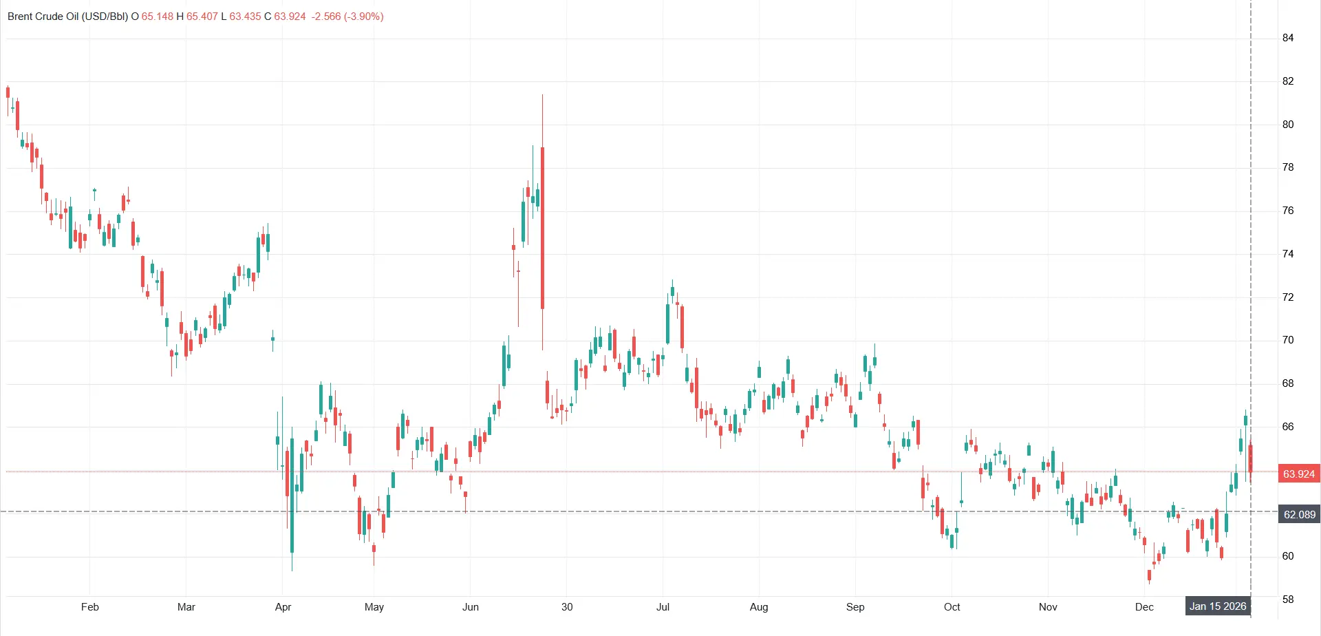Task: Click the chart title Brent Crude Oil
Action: point(67,17)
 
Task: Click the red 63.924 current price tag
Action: point(1298,474)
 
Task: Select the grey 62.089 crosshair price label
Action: point(1299,514)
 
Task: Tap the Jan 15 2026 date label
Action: point(1218,606)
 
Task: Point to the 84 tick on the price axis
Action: point(1288,38)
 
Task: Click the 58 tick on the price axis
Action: point(1288,599)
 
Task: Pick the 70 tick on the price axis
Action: point(1288,340)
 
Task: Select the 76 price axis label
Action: point(1288,211)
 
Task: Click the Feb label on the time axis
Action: point(90,606)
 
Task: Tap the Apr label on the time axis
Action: point(283,606)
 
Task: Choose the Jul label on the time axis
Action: point(663,606)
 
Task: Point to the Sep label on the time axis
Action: point(855,606)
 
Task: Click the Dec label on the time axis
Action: point(1144,606)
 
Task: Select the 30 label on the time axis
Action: point(567,606)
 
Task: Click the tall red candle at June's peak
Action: point(543,227)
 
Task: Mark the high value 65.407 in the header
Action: point(202,17)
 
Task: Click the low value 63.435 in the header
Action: point(245,17)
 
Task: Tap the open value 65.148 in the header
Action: point(158,17)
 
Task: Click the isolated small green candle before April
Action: point(273,339)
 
